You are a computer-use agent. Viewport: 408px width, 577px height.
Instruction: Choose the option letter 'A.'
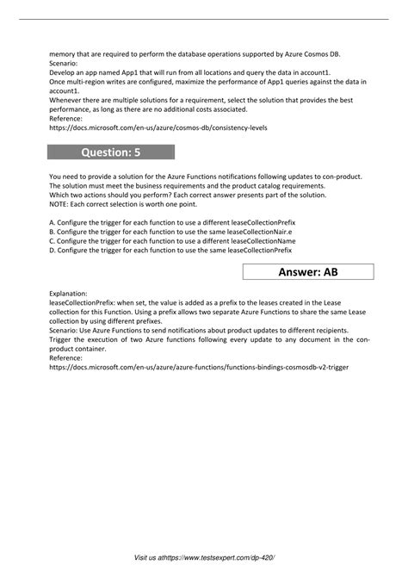(x=53, y=221)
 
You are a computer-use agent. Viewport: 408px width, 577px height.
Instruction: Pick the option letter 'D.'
(x=53, y=251)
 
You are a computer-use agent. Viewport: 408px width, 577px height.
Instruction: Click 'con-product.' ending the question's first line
(x=338, y=175)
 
